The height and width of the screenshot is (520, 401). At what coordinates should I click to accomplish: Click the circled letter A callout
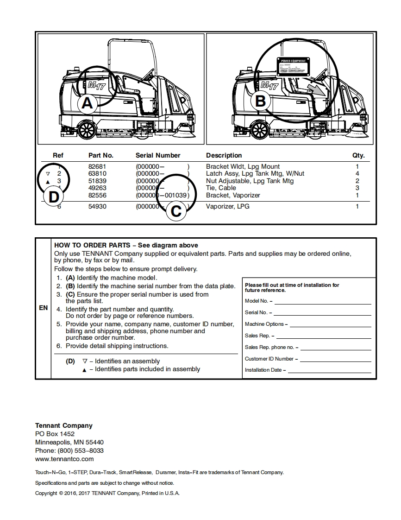pyautogui.click(x=87, y=103)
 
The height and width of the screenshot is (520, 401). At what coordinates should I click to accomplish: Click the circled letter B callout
pyautogui.click(x=261, y=101)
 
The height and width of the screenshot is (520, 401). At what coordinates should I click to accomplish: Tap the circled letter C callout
pyautogui.click(x=176, y=211)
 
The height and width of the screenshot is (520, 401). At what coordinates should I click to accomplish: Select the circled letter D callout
pyautogui.click(x=54, y=197)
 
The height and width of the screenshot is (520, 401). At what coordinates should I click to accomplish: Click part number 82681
pyautogui.click(x=97, y=166)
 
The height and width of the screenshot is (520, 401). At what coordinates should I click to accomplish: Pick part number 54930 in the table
pyautogui.click(x=97, y=206)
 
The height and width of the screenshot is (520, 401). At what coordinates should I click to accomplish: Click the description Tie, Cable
pyautogui.click(x=221, y=188)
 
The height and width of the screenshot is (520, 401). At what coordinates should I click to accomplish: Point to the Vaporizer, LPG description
pyautogui.click(x=227, y=206)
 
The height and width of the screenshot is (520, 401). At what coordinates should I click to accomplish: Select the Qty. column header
pyautogui.click(x=358, y=155)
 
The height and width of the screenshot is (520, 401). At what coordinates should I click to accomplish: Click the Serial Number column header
pyautogui.click(x=158, y=155)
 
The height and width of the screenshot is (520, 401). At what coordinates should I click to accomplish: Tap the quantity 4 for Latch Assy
pyautogui.click(x=357, y=173)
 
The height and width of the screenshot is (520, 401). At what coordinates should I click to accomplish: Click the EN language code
pyautogui.click(x=43, y=308)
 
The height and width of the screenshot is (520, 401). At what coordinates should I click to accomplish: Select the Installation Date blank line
pyautogui.click(x=329, y=370)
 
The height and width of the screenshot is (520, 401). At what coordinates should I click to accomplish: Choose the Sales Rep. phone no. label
pyautogui.click(x=271, y=347)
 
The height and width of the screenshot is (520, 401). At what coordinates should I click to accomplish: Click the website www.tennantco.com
pyautogui.click(x=64, y=459)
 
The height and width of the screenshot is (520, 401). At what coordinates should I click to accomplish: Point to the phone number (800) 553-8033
pyautogui.click(x=80, y=450)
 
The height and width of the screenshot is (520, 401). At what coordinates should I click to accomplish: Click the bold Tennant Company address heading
pyautogui.click(x=64, y=425)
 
